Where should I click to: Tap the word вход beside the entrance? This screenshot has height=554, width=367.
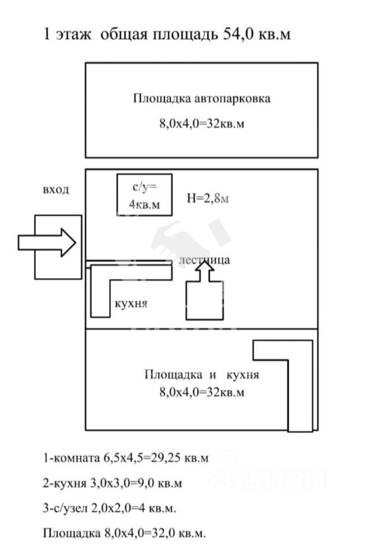56,190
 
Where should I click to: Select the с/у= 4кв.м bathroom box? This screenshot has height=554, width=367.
144,195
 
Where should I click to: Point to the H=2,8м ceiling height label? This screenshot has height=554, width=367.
208,199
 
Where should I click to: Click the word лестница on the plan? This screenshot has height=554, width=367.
204,260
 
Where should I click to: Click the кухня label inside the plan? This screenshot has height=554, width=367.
131,304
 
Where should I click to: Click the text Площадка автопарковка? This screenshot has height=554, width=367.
201,98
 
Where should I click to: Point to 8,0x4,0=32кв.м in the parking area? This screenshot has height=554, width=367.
201,125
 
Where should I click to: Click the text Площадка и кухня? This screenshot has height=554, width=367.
201,375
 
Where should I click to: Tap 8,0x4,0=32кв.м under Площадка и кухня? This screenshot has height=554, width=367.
201,392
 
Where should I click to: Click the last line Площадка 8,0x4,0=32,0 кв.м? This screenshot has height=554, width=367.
124,533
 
